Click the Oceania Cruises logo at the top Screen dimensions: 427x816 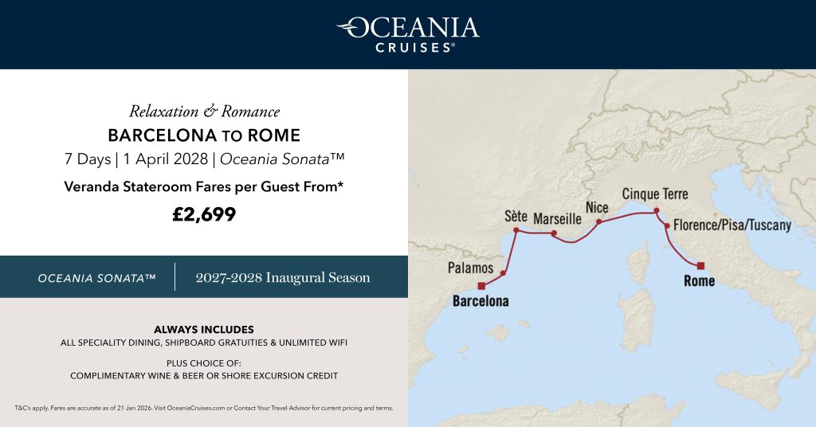pyautogui.click(x=407, y=33)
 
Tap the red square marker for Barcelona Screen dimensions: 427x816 pyautogui.click(x=481, y=286)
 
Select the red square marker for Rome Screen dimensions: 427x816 pyautogui.click(x=700, y=265)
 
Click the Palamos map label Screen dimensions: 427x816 pyautogui.click(x=470, y=268)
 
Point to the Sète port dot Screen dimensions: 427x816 pyautogui.click(x=516, y=231)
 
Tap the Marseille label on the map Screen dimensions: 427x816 pyautogui.click(x=557, y=218)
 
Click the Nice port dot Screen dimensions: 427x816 pyautogui.click(x=598, y=222)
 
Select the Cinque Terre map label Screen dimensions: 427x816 pyautogui.click(x=654, y=194)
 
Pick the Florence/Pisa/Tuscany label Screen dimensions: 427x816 pyautogui.click(x=732, y=225)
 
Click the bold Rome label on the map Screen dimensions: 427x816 pyautogui.click(x=699, y=281)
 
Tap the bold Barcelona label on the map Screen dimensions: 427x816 pyautogui.click(x=481, y=302)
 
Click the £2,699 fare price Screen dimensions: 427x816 pyautogui.click(x=204, y=213)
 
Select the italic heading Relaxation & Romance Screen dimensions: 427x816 pyautogui.click(x=204, y=112)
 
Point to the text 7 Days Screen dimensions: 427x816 pyautogui.click(x=88, y=159)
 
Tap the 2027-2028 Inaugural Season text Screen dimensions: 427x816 pyautogui.click(x=283, y=277)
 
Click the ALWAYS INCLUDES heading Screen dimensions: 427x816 pyautogui.click(x=204, y=329)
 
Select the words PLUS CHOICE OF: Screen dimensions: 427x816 pyautogui.click(x=204, y=362)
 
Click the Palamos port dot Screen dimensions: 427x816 pyautogui.click(x=504, y=273)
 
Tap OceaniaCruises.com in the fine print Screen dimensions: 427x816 pyautogui.click(x=197, y=408)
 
